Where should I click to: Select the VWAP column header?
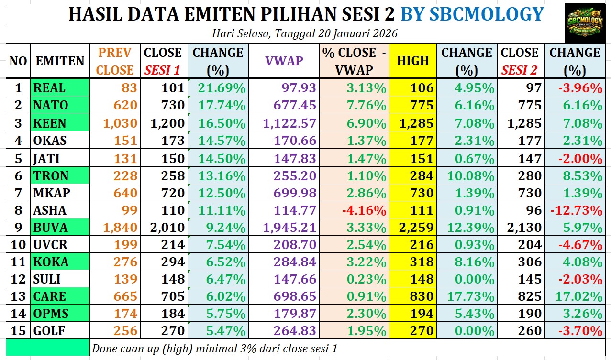[284, 61]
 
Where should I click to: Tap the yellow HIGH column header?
[412, 61]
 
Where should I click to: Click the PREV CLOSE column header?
[114, 61]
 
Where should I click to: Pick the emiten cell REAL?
[49, 88]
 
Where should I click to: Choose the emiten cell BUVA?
[50, 227]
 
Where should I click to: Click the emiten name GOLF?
[50, 330]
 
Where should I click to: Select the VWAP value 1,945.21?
[289, 227]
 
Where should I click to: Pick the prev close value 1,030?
[120, 123]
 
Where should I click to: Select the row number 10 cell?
[18, 245]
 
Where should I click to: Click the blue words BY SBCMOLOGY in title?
[471, 14]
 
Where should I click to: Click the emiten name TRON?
[51, 175]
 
